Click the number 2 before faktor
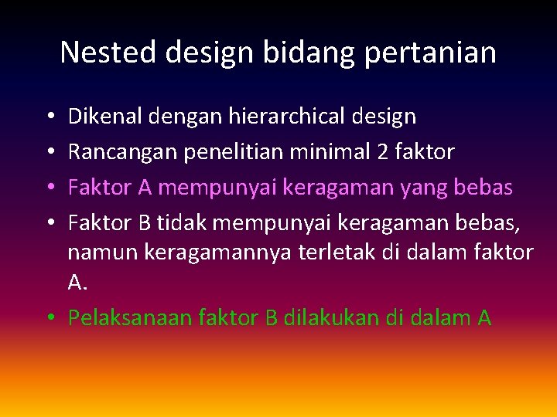[x=381, y=151]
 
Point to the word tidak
[x=181, y=222]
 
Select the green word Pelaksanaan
[x=130, y=317]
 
